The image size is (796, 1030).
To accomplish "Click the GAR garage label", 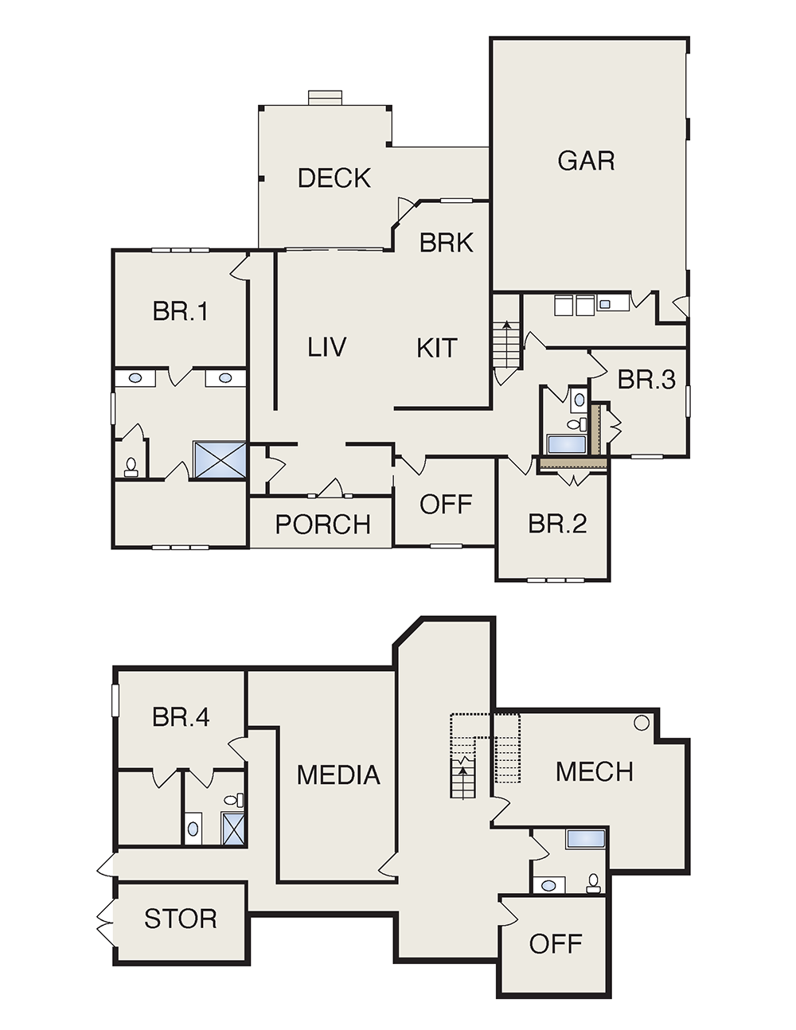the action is (586, 160).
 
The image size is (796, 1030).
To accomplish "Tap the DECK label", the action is (334, 178).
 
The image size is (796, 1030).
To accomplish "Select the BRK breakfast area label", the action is (447, 242).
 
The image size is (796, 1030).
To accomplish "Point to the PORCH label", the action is (322, 525).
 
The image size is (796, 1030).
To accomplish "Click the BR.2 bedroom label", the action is (557, 524).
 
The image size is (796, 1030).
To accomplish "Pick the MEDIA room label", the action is (338, 775).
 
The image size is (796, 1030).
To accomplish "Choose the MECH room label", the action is (594, 771).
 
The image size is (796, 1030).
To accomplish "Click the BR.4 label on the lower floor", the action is (181, 717).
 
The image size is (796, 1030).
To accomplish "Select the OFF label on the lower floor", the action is (556, 944).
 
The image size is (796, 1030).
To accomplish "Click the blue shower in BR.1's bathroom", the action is (220, 460).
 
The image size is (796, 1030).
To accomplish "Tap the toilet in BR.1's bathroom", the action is (131, 466).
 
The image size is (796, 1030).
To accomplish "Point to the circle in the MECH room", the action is (642, 723).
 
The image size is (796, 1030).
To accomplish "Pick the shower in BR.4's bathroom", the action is (233, 828).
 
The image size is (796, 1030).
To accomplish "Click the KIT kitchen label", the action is (437, 347).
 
